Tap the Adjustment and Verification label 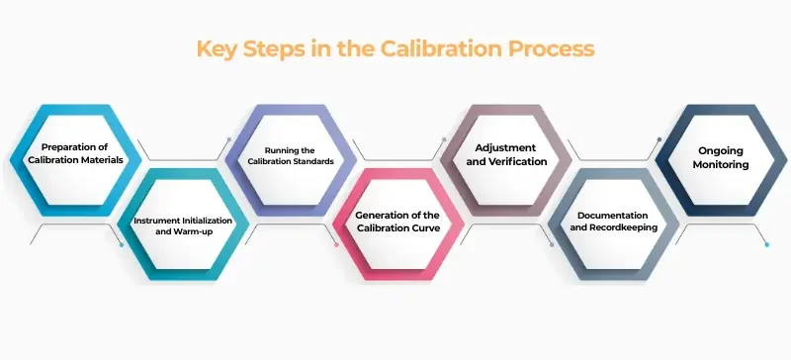pyautogui.click(x=505, y=154)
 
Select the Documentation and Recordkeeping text pyautogui.click(x=613, y=222)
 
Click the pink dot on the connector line pyautogui.click(x=336, y=243)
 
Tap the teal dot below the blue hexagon pyautogui.click(x=121, y=243)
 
